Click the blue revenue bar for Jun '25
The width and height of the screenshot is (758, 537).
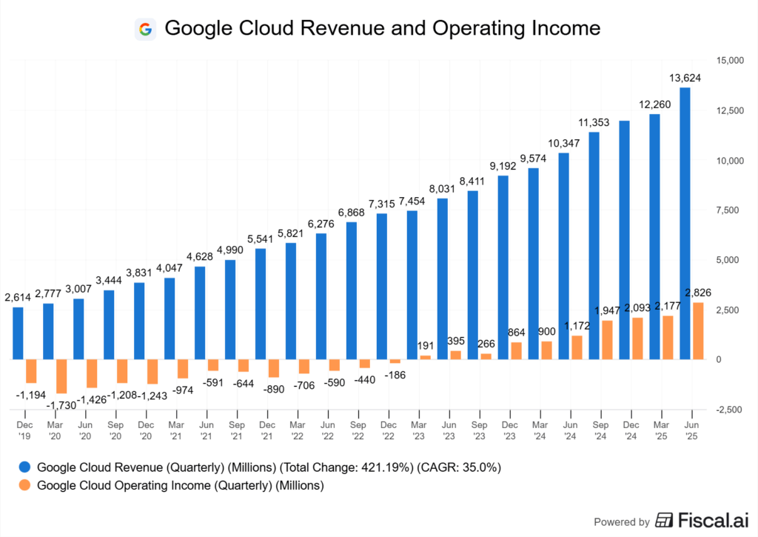pyautogui.click(x=685, y=222)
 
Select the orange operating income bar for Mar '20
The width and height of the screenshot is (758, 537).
pyautogui.click(x=61, y=376)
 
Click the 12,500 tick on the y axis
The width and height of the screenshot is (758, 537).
pyautogui.click(x=726, y=110)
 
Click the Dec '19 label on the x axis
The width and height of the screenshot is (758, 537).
pyautogui.click(x=24, y=430)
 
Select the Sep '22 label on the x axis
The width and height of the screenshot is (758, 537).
pyautogui.click(x=358, y=430)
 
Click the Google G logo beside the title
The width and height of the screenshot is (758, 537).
pyautogui.click(x=145, y=29)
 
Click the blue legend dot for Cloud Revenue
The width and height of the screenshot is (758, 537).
pyautogui.click(x=24, y=467)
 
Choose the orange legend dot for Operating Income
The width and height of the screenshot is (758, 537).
pyautogui.click(x=24, y=486)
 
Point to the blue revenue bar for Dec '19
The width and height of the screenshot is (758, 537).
pyautogui.click(x=18, y=333)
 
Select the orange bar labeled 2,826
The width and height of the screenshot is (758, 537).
pyautogui.click(x=697, y=330)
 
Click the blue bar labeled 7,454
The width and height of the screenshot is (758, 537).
pyautogui.click(x=412, y=284)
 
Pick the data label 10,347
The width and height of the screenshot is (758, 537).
pyautogui.click(x=564, y=142)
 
